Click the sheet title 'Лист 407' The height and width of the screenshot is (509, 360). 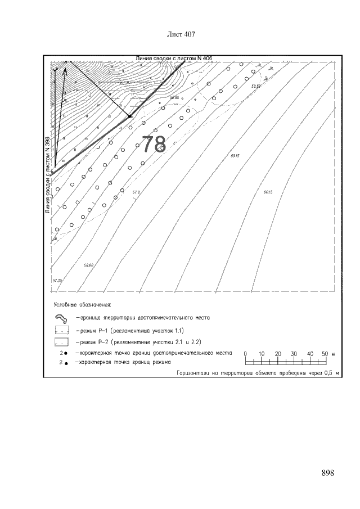[x=181, y=35]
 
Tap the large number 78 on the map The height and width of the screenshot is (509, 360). [x=153, y=144]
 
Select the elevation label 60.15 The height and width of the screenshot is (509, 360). [x=267, y=192]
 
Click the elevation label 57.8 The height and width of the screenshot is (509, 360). [x=136, y=192]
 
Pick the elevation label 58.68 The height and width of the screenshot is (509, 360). [x=88, y=265]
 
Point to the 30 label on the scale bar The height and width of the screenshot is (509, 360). [x=294, y=353]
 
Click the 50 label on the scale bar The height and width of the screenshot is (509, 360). [x=325, y=353]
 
